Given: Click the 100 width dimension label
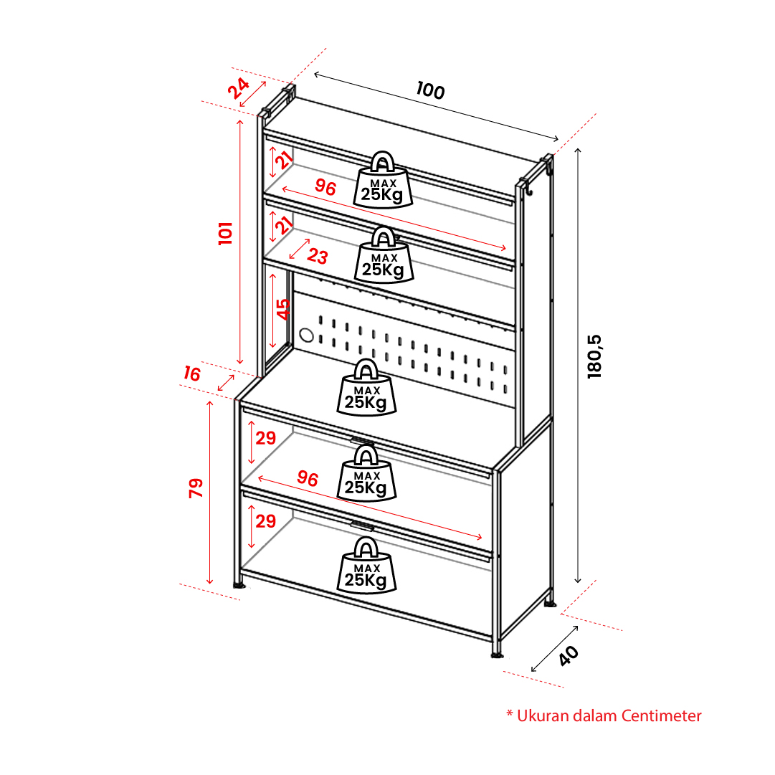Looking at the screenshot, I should tap(430, 91).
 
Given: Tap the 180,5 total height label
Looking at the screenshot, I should tap(595, 356).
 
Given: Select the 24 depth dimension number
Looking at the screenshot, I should tap(239, 88).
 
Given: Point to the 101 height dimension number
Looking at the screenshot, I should tap(227, 233).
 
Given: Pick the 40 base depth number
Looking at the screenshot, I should tap(568, 655).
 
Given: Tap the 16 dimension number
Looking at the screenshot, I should tap(192, 374).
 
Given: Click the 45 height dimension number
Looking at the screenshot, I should tap(284, 309).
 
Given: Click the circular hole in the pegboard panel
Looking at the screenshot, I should tap(306, 335).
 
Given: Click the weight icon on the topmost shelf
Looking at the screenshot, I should tap(383, 180).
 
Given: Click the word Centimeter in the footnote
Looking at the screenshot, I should tap(662, 715).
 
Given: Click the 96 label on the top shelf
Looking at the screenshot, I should tap(325, 188).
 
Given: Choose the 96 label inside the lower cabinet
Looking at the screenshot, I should tap(308, 479).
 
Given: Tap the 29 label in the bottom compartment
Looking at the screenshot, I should tap(266, 521).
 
